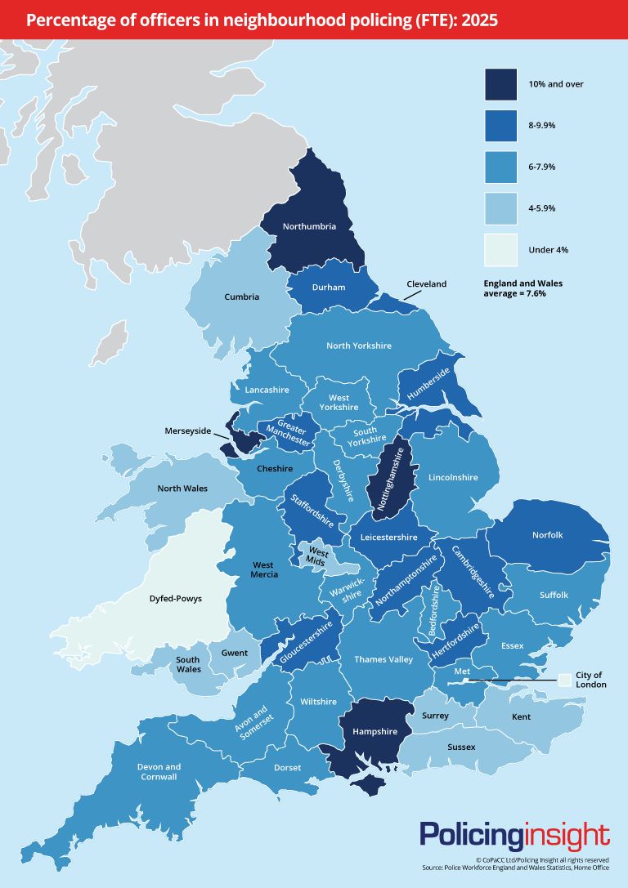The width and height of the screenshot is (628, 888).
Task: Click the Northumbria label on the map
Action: [x=309, y=226]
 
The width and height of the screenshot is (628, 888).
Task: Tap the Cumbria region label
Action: [x=241, y=297]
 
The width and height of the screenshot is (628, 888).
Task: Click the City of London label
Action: [x=588, y=680]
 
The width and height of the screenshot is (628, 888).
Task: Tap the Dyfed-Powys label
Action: [x=176, y=599]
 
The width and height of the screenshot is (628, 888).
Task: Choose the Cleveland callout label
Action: [x=426, y=283]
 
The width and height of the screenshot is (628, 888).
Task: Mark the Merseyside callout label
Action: [x=187, y=430]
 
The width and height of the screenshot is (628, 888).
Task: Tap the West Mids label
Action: [x=316, y=556]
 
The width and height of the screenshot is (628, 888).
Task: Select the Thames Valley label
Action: [x=384, y=658]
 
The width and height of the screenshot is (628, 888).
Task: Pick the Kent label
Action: [x=521, y=716]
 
